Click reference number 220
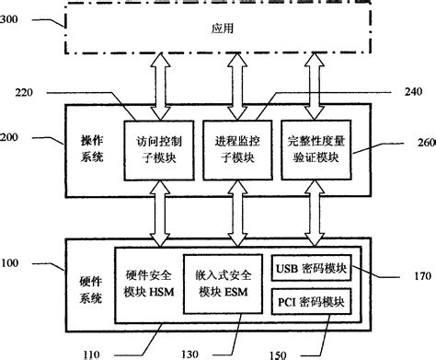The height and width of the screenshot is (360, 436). pyautogui.click(x=26, y=92)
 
